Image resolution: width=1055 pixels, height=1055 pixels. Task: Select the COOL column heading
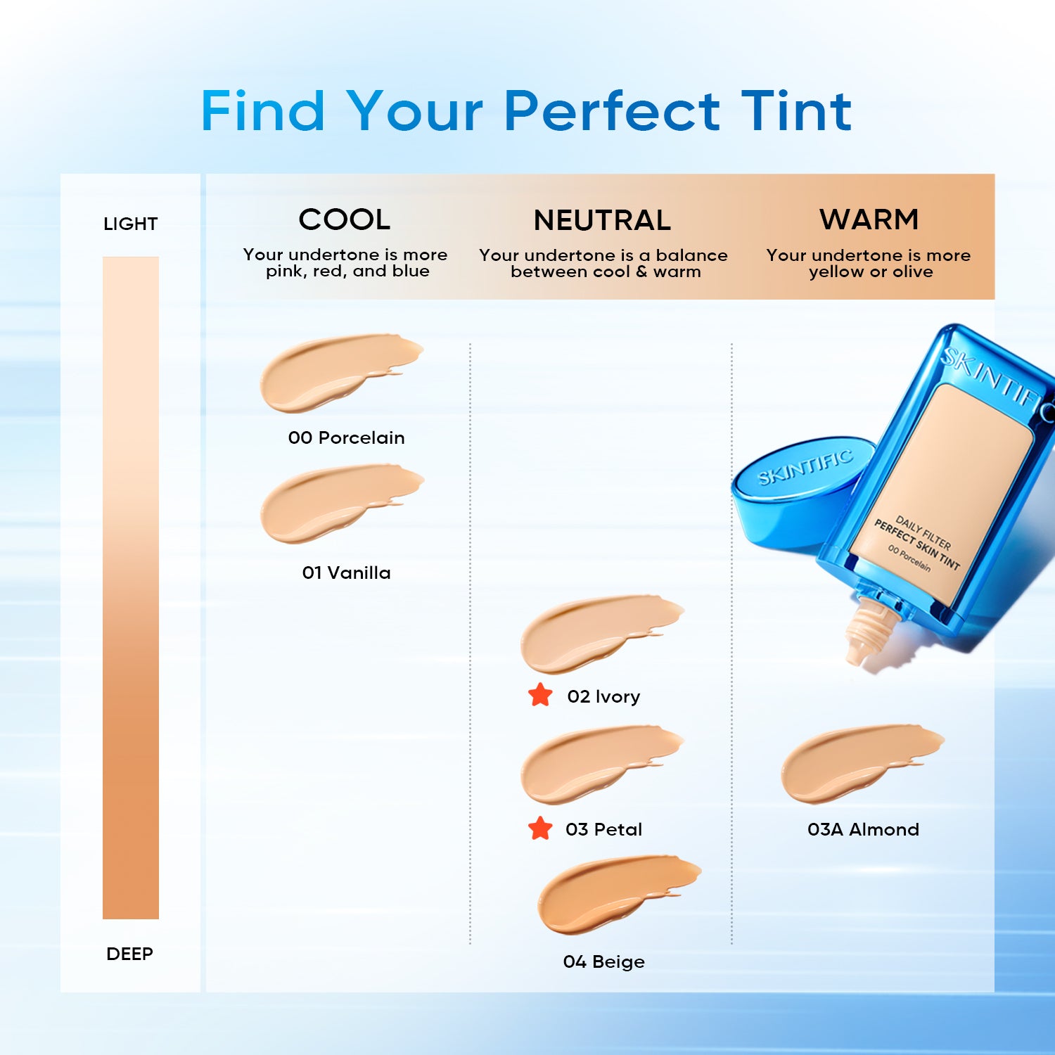coord(345,219)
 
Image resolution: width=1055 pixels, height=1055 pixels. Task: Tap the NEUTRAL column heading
coord(602,220)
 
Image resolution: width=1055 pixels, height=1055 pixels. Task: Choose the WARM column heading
coord(869,219)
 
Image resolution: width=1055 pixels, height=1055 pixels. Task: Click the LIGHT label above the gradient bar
coord(130,224)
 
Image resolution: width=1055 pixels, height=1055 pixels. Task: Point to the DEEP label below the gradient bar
coord(129,954)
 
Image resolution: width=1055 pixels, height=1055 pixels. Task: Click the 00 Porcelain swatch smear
coord(331,373)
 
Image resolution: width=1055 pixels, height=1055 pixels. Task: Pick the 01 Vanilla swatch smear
coord(331,503)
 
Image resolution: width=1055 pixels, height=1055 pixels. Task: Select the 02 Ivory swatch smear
coord(591,633)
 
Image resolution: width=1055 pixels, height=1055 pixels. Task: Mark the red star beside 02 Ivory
coord(540,695)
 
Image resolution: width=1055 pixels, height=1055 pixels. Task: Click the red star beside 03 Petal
coord(540,829)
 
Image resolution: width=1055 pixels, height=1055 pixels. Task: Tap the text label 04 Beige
coord(603,961)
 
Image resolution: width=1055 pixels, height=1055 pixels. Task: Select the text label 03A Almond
coord(863,829)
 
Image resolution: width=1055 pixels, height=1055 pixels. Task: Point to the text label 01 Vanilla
coord(346,573)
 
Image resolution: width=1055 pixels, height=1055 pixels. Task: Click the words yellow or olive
coord(871,272)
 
